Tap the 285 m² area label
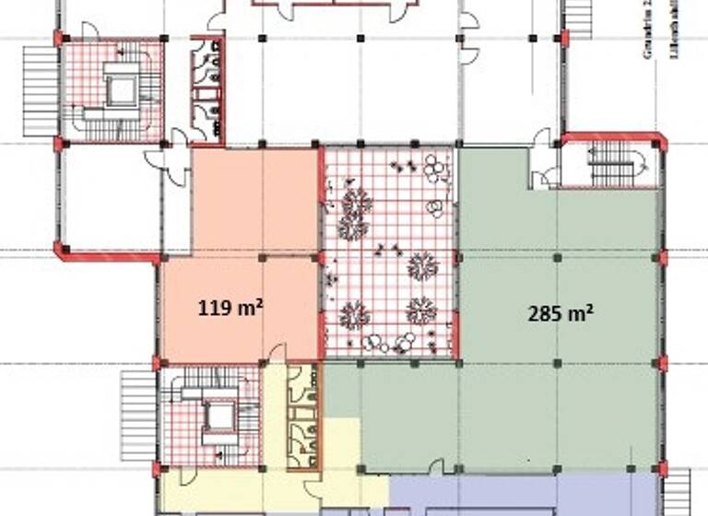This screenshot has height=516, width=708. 560,313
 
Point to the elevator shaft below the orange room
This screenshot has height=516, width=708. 219,416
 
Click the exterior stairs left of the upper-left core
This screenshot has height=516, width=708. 41,91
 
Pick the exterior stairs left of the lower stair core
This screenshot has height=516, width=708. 138,415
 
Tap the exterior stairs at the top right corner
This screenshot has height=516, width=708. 578,17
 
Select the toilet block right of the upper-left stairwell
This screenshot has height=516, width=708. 206,90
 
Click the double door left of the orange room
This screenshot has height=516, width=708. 168,160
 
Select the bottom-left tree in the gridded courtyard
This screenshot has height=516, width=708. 354,315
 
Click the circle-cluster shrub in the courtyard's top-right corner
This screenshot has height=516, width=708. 434,168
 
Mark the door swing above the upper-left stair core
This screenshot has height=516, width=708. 89,30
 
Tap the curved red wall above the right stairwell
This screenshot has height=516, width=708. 614,137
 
